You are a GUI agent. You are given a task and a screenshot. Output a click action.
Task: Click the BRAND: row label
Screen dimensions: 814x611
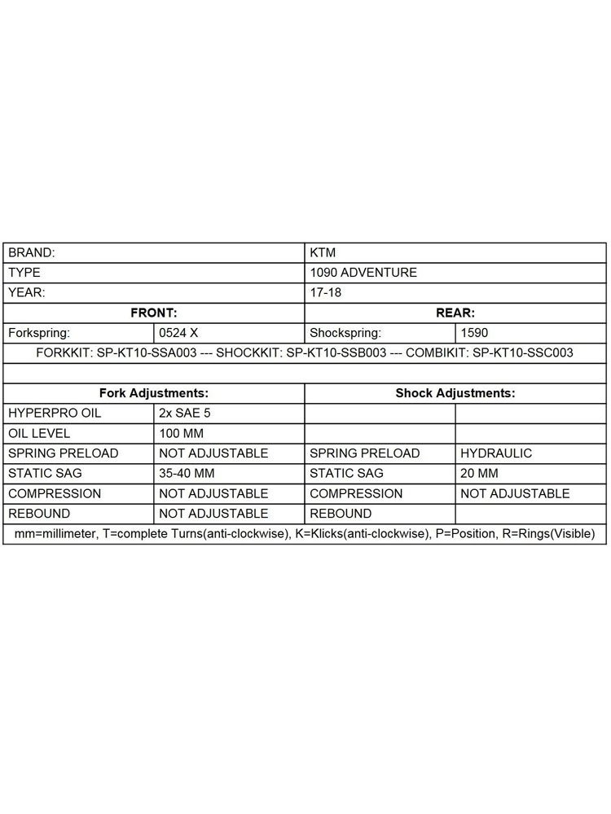pyautogui.click(x=32, y=253)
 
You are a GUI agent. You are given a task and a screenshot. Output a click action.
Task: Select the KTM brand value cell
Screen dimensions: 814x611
pyautogui.click(x=323, y=253)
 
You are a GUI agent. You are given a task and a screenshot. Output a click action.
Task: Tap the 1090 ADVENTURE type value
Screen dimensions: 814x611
pyautogui.click(x=363, y=273)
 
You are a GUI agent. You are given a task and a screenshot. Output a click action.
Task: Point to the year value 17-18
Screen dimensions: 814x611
pyautogui.click(x=326, y=292)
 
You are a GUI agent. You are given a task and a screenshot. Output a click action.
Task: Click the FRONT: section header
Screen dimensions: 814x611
pyautogui.click(x=154, y=313)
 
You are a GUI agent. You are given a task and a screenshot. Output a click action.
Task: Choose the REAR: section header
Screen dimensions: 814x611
pyautogui.click(x=455, y=313)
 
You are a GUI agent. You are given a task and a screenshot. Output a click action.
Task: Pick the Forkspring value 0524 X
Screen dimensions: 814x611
pyautogui.click(x=178, y=333)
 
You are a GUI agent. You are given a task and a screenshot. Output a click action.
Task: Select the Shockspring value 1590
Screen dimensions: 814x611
pyautogui.click(x=475, y=333)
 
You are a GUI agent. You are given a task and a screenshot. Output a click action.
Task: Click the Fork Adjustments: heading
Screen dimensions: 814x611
pyautogui.click(x=154, y=392)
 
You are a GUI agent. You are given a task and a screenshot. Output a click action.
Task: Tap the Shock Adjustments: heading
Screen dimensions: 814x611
pyautogui.click(x=455, y=392)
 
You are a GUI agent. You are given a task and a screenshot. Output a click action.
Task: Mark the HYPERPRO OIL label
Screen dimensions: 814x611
pyautogui.click(x=55, y=414)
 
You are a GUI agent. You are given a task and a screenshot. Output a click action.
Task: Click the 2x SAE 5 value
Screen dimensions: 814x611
pyautogui.click(x=185, y=414)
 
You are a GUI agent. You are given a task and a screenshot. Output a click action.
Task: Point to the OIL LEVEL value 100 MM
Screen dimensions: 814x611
pyautogui.click(x=183, y=434)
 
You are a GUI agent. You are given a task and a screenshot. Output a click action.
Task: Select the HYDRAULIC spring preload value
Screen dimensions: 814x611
pyautogui.click(x=497, y=453)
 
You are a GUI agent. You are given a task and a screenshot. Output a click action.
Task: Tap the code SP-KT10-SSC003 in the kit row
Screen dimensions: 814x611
pyautogui.click(x=523, y=353)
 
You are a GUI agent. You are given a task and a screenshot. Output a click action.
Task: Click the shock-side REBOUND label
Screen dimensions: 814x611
pyautogui.click(x=341, y=514)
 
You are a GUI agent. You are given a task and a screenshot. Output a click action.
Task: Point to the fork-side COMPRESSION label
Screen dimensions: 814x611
pyautogui.click(x=55, y=493)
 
